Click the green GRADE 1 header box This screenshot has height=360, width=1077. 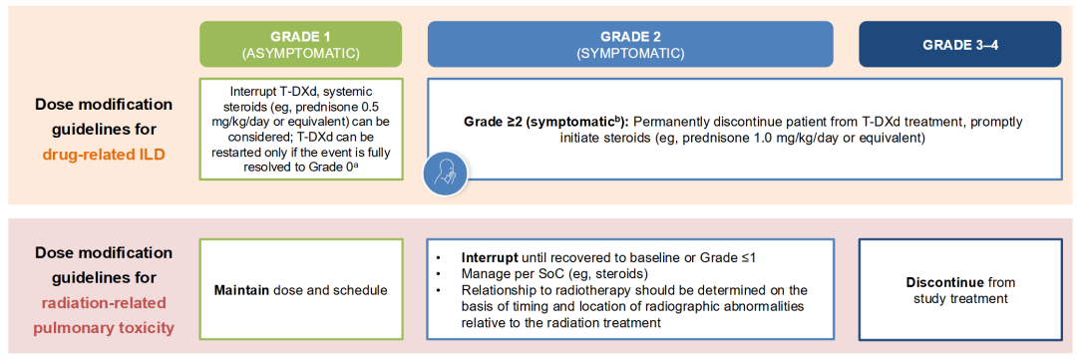[x=300, y=44]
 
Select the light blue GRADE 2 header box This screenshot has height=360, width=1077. [x=630, y=44]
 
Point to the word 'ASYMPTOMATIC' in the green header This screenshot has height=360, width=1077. [x=300, y=52]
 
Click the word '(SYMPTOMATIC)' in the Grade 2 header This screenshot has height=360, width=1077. [x=630, y=52]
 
